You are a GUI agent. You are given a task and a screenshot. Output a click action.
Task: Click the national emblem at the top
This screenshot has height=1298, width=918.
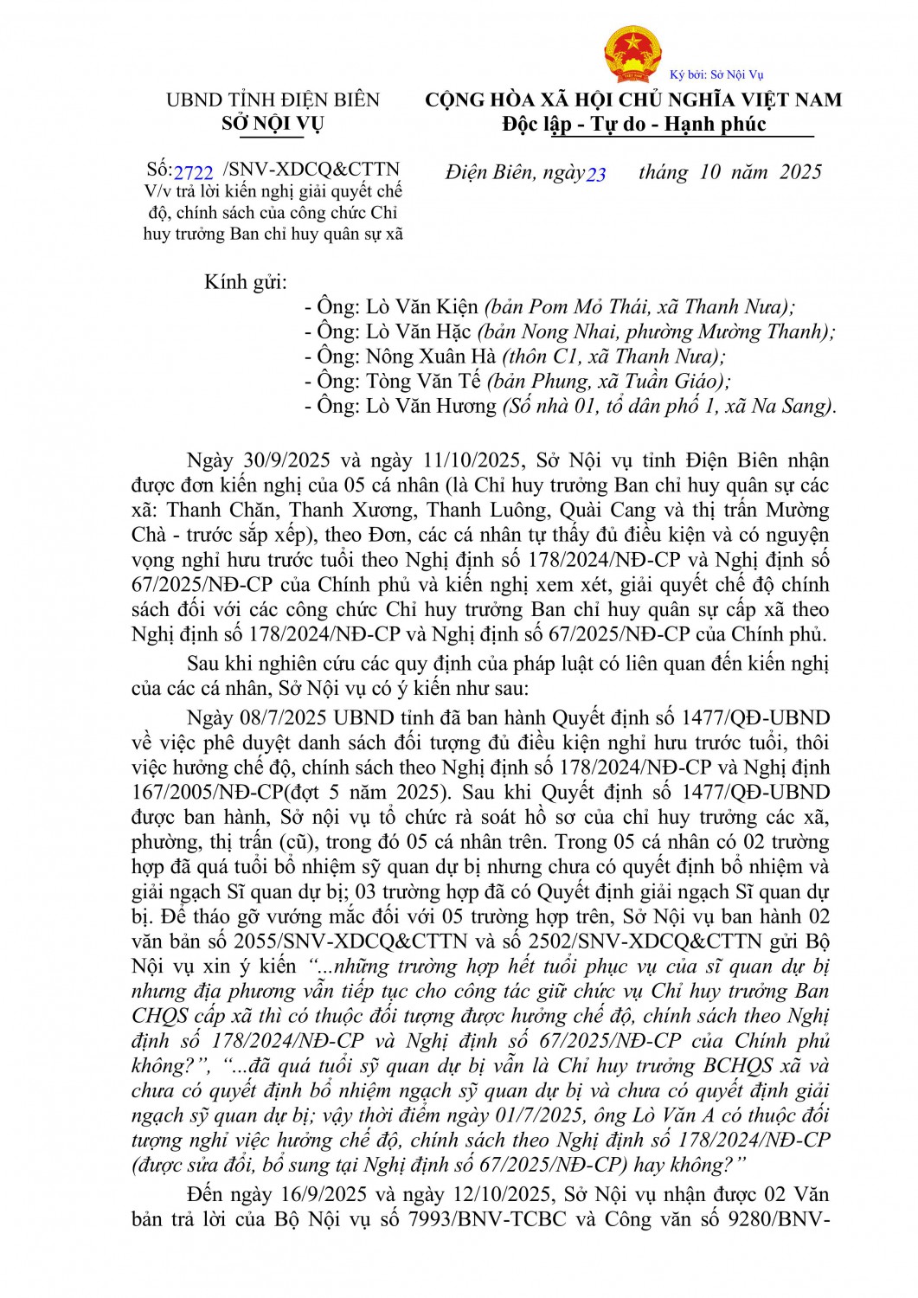(632, 53)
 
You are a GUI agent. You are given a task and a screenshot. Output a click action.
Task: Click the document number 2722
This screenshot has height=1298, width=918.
(193, 171)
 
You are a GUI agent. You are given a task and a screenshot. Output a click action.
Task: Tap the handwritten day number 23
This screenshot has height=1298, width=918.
(596, 174)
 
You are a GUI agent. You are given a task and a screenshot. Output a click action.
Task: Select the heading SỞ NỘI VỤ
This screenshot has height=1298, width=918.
(272, 124)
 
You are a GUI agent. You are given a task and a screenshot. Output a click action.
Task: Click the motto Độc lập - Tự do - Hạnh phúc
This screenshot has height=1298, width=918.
(634, 125)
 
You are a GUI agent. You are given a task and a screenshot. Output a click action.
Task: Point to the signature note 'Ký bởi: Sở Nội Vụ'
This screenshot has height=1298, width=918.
(716, 74)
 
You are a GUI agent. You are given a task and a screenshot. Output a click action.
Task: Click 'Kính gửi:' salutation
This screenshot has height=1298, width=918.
(246, 281)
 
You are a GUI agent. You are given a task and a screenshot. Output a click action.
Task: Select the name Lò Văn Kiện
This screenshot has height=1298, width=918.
(422, 306)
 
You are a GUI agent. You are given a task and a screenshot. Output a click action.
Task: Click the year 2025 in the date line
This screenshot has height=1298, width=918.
(800, 172)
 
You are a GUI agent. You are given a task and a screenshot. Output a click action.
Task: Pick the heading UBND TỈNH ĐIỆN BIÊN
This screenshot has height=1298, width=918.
(273, 100)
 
